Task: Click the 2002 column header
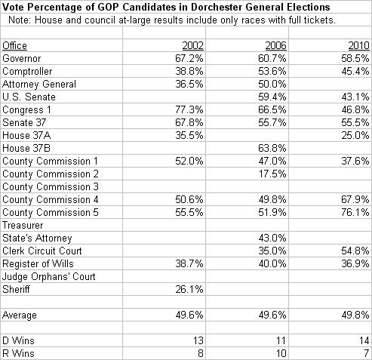coord(192,46)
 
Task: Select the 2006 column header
coord(275,46)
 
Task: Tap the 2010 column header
coord(358,46)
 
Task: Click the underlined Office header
coord(14,46)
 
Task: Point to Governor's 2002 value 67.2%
coord(189,58)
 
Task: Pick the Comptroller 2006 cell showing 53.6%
coord(272,71)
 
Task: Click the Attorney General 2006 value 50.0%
coord(272,84)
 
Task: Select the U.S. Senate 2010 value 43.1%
coord(355,97)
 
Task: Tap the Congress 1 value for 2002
coord(189,109)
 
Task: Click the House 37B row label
coord(26,148)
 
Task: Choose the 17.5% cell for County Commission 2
coord(272,174)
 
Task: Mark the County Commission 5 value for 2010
coord(355,212)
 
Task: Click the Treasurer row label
coord(23,225)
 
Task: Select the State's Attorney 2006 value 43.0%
coord(272,238)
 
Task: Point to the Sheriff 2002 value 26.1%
coord(189,289)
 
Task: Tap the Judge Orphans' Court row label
coord(49,277)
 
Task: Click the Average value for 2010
coord(355,315)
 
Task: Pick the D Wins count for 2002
coord(198,340)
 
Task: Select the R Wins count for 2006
coord(281,353)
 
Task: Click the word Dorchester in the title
coord(217,7)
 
